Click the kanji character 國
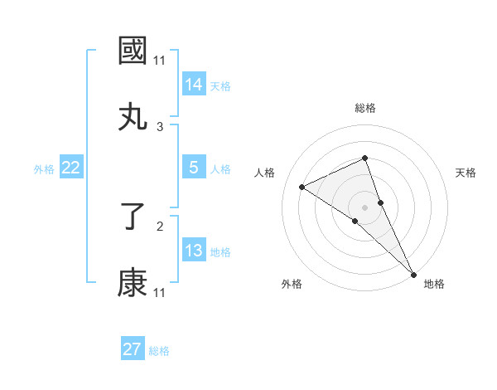tap(133, 51)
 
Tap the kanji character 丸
tap(133, 116)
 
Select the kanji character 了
tap(133, 217)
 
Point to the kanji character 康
tap(133, 283)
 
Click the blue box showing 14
tap(194, 84)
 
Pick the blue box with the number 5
tap(194, 168)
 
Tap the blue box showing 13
tap(194, 251)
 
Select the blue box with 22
tap(71, 168)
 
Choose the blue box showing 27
tap(133, 349)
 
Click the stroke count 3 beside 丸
tap(160, 126)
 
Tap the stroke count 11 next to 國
tap(160, 61)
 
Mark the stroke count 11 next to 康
tap(160, 292)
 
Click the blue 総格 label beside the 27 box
tap(159, 351)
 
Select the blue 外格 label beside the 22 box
tap(44, 169)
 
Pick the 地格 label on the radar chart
tap(434, 284)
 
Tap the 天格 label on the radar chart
tap(466, 173)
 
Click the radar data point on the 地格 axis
tap(413, 273)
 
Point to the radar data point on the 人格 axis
tap(302, 187)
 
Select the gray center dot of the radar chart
tap(364, 207)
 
